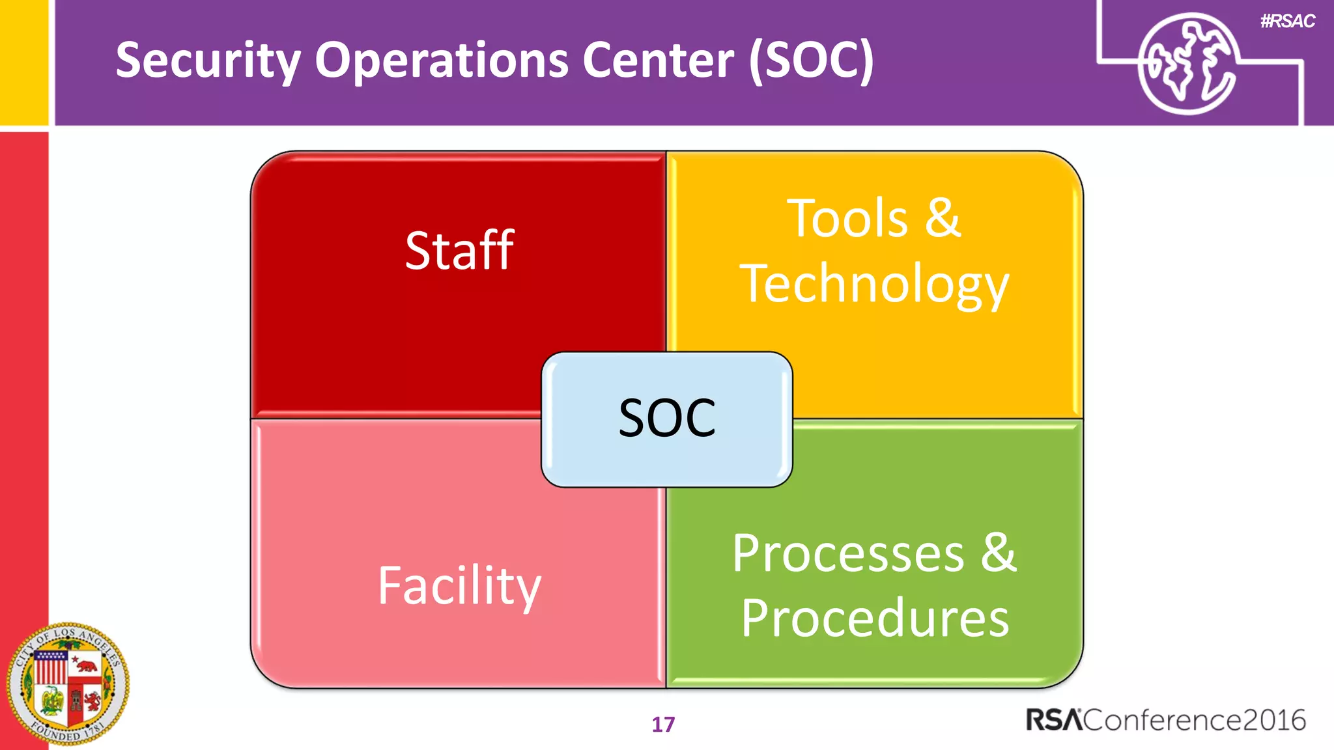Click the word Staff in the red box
[459, 251]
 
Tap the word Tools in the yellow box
[847, 219]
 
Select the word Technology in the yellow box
[874, 284]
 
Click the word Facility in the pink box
[459, 586]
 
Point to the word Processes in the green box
[848, 553]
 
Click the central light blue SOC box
[666, 419]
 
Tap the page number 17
[663, 725]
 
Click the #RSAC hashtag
[1287, 21]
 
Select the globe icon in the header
[1187, 64]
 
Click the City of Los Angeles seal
[68, 684]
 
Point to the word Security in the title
[208, 61]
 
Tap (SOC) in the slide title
[811, 61]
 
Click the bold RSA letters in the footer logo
[1054, 720]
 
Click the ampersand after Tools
[943, 217]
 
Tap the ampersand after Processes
[999, 552]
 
